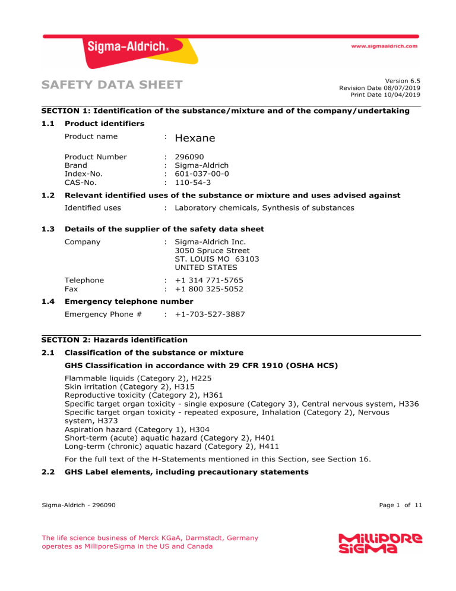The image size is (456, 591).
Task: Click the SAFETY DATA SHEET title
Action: (112, 86)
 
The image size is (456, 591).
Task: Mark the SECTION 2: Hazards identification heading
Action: (114, 341)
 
